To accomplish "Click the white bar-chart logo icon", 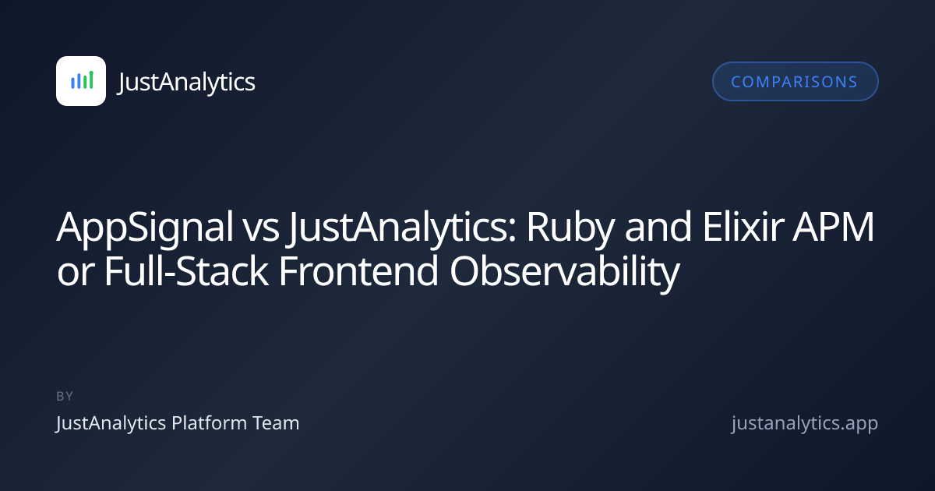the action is (x=81, y=81).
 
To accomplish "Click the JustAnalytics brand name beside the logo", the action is (x=186, y=83).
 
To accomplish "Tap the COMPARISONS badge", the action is (x=796, y=81).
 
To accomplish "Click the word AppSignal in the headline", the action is (x=145, y=228).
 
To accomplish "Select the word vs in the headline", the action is (x=262, y=231).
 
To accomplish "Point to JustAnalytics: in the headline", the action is (x=402, y=228).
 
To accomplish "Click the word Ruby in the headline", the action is (x=570, y=228).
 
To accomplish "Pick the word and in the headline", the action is (x=658, y=227).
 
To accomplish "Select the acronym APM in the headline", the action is (x=833, y=227).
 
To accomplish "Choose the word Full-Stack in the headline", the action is (x=186, y=271).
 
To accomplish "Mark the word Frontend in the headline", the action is (x=358, y=271).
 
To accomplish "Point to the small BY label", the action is (x=65, y=396).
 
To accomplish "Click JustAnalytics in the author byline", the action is (x=111, y=424).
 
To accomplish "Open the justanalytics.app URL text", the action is (x=805, y=424).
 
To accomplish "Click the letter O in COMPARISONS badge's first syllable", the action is (x=750, y=82).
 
